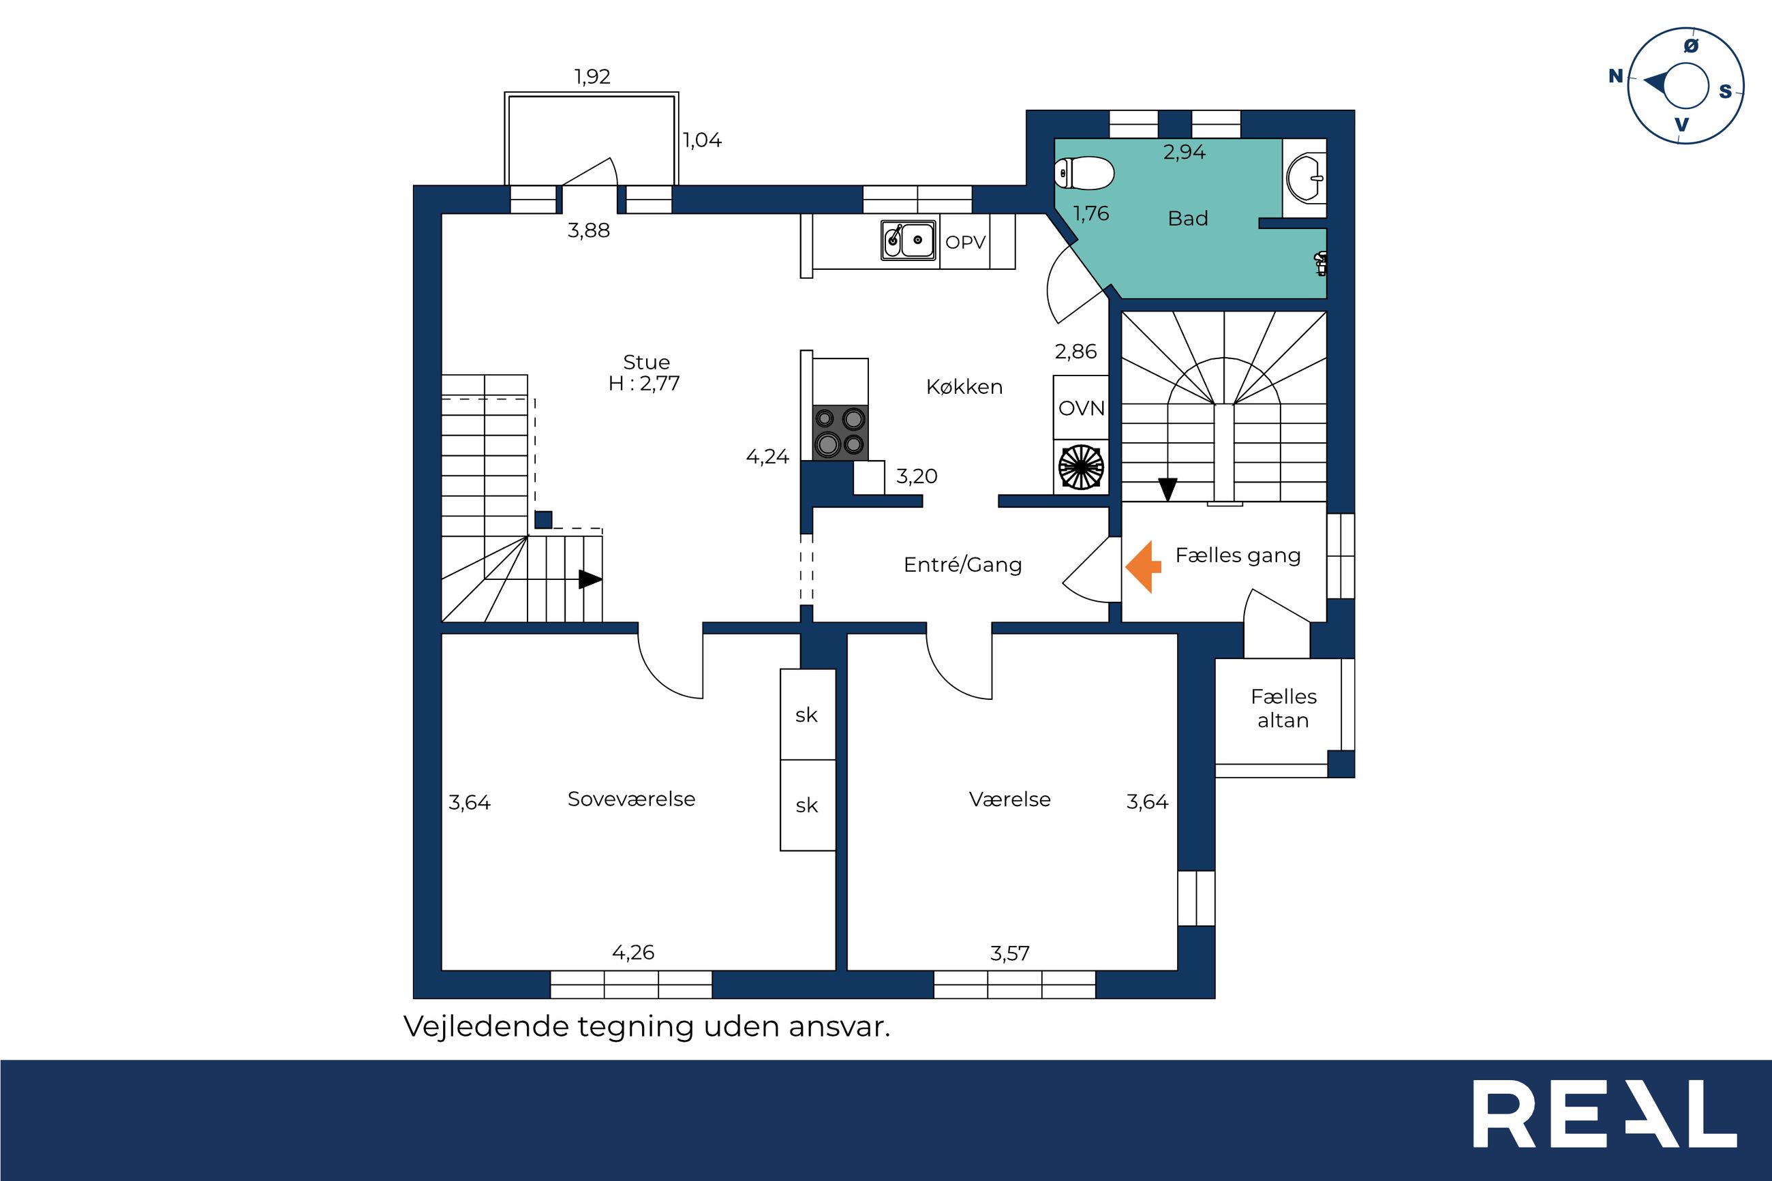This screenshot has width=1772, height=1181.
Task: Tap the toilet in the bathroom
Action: point(1084,174)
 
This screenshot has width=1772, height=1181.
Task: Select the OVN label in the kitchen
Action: point(1082,408)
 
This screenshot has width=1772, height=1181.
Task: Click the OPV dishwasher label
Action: point(966,242)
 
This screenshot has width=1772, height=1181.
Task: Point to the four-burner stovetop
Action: point(840,432)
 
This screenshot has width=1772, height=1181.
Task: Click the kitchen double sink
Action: point(909,241)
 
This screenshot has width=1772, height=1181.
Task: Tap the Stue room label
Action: point(646,363)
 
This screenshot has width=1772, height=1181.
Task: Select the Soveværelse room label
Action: point(631,799)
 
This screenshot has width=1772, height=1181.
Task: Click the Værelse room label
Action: point(1010,799)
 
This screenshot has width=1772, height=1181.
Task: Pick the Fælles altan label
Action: point(1284,708)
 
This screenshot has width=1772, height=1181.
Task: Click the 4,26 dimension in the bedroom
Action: point(633,953)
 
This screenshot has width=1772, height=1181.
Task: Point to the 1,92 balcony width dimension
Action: point(593,76)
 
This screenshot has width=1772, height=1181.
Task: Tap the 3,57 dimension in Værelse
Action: point(1010,953)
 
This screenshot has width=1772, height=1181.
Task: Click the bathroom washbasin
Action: point(1306,179)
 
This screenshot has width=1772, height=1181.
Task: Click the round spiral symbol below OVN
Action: point(1081,467)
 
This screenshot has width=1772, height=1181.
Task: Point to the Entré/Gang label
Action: point(962,565)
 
